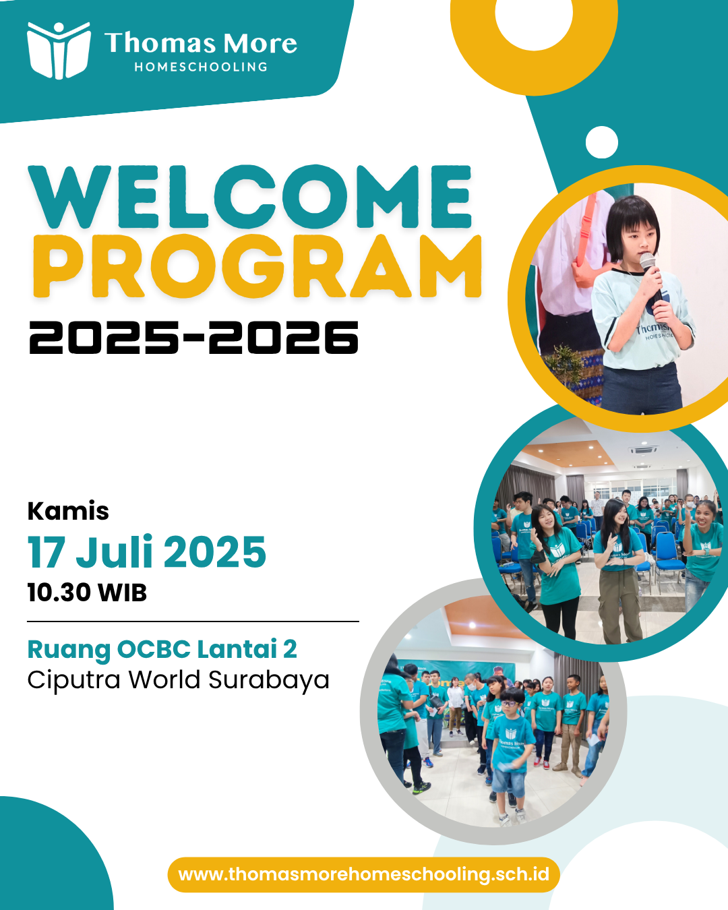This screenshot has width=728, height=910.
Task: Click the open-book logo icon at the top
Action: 59,51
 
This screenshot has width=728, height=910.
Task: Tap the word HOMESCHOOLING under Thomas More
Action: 201,67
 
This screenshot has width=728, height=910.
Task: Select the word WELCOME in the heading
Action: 250,197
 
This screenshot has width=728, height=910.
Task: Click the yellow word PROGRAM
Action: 257,266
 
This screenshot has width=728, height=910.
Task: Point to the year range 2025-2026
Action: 193,337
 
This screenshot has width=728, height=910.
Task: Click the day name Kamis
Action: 68,511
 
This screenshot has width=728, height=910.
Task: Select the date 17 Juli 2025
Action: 147,552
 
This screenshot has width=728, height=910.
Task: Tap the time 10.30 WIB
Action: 87,592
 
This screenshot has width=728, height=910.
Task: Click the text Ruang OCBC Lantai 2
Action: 162,649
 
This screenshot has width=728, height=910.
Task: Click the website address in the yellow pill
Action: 364,874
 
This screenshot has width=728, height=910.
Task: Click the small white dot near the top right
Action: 601,142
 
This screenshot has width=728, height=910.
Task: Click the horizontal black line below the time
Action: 193,621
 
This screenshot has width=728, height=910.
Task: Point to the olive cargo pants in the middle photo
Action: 619,605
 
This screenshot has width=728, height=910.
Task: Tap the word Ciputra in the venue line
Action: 74,681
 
